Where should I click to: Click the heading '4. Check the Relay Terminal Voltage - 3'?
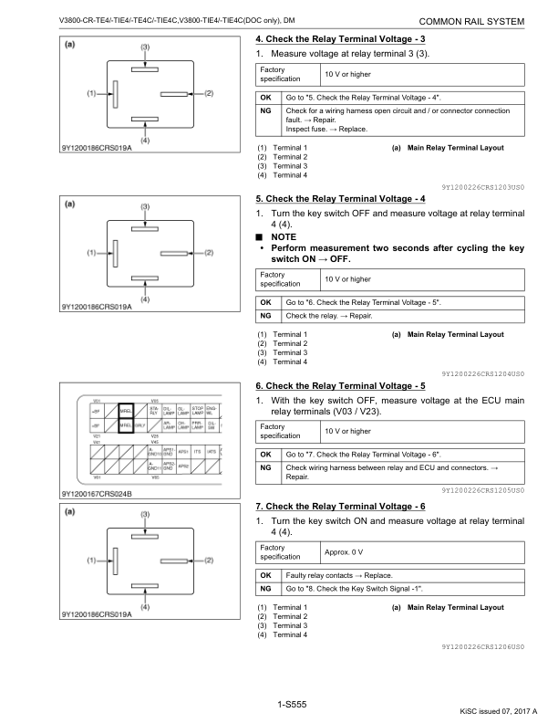pos(342,41)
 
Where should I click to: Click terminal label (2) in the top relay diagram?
pos(209,93)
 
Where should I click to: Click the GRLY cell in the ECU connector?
pos(141,426)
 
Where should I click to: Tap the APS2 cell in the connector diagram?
pos(182,466)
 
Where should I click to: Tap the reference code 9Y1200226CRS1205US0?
pos(483,491)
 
